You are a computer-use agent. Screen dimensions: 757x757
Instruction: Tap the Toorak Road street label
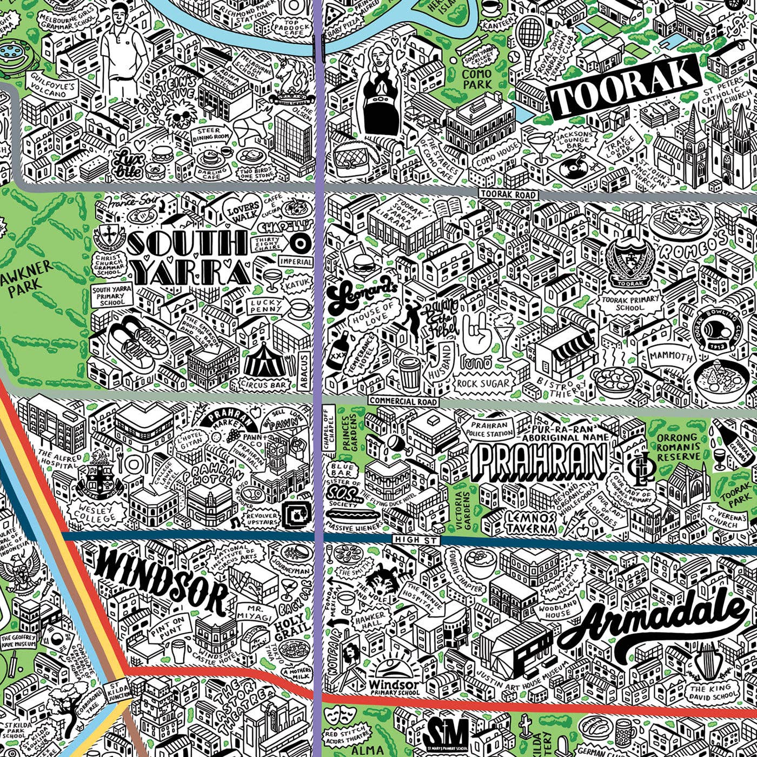pyautogui.click(x=508, y=194)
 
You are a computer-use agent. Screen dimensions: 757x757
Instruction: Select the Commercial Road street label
pyautogui.click(x=403, y=401)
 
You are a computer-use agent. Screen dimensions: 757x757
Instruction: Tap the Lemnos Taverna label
pyautogui.click(x=531, y=522)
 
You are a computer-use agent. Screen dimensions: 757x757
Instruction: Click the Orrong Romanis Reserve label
pyautogui.click(x=679, y=447)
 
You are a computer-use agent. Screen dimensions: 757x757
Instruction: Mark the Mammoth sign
pyautogui.click(x=670, y=357)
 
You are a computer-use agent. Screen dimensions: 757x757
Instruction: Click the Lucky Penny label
pyautogui.click(x=265, y=306)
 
